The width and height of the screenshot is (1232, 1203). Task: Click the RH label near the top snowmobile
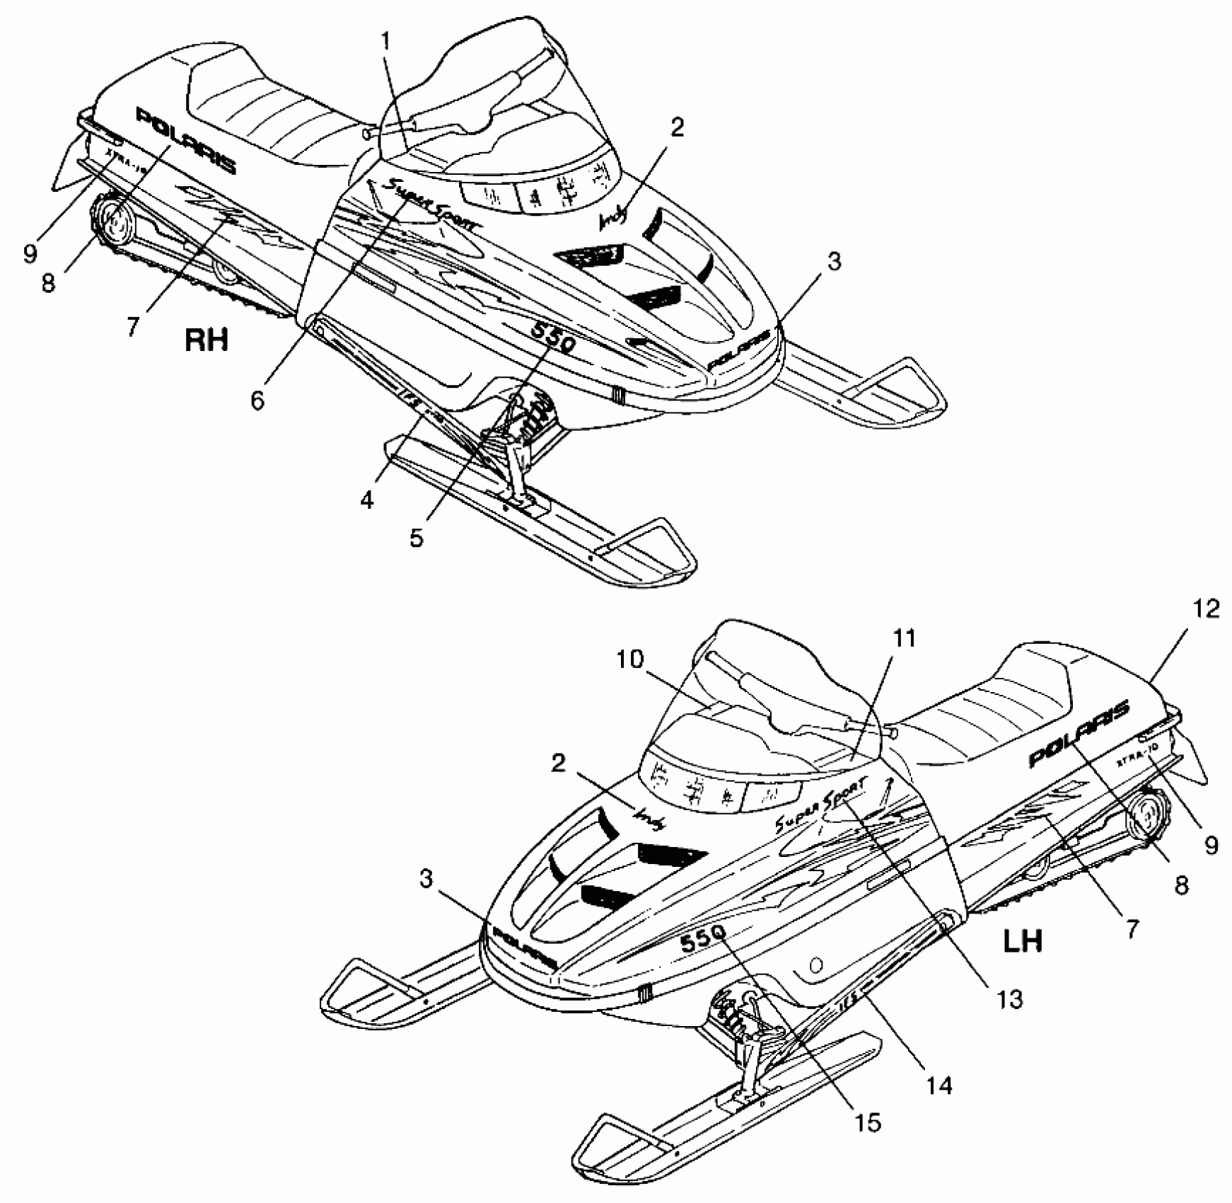point(206,340)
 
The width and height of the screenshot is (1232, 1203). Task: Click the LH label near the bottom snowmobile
point(1023,941)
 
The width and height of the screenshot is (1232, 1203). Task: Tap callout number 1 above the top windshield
point(385,41)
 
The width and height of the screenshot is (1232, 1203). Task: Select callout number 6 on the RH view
point(257,401)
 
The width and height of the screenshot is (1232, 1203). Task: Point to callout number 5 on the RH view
point(417,538)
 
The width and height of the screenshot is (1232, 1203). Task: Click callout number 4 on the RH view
point(366,500)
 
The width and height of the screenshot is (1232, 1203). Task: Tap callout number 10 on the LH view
point(630,660)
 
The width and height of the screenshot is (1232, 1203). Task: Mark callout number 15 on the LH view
point(867,1122)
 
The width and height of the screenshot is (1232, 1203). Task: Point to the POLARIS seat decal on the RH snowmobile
point(185,140)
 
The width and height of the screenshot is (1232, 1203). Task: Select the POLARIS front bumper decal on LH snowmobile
point(521,950)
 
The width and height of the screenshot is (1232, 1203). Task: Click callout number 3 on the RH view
point(835,262)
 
